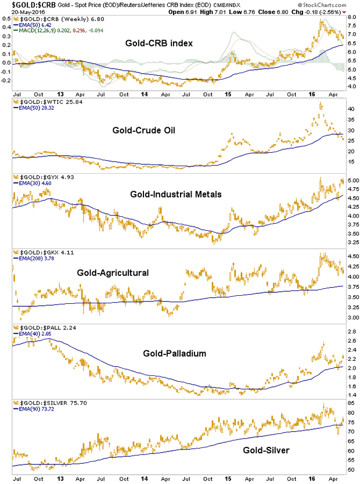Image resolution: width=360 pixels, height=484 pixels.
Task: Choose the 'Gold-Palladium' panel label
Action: point(175,353)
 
